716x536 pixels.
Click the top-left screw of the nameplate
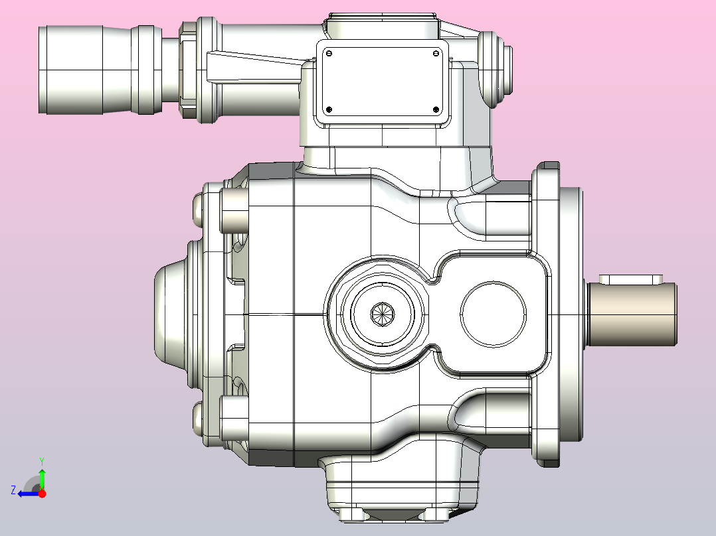[329, 54]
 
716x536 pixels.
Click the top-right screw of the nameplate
[436, 54]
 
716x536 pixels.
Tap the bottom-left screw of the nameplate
[329, 109]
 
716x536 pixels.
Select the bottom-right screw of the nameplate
[436, 109]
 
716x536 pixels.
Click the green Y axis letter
[42, 462]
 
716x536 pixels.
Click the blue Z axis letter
[13, 490]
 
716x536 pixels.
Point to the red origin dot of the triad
[42, 493]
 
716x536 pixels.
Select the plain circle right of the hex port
[493, 314]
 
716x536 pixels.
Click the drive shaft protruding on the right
[632, 314]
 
